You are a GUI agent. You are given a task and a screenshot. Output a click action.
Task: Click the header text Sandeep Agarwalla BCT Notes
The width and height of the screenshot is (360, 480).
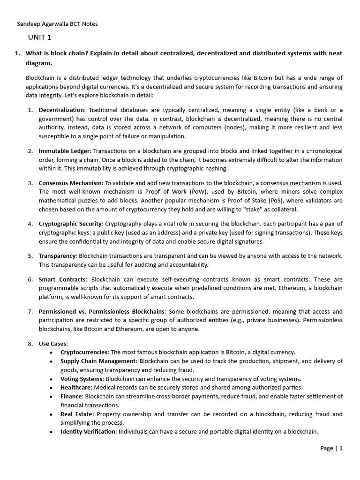click(57, 24)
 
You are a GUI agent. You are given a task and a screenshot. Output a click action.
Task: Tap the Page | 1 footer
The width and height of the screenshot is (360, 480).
click(331, 448)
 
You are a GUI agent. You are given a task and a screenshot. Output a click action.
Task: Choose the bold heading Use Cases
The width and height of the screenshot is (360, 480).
click(53, 344)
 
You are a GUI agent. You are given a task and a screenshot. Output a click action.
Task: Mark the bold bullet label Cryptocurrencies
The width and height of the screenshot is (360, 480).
click(84, 352)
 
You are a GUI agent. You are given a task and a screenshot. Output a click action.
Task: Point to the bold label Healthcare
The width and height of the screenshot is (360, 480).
click(76, 387)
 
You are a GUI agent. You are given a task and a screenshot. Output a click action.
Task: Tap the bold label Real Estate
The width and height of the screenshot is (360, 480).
click(77, 414)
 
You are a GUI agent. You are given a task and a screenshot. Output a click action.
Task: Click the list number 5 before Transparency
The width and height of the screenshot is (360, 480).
click(30, 256)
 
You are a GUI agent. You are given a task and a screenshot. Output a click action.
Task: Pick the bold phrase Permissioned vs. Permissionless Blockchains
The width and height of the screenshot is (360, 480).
click(102, 311)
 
